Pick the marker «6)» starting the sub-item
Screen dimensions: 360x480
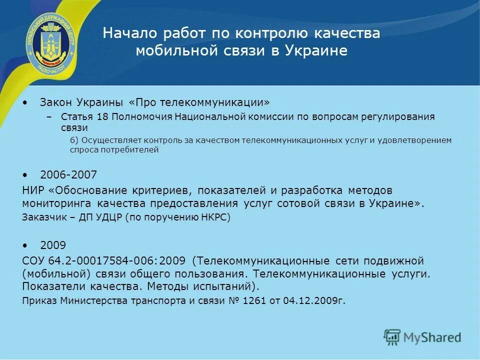click(73, 140)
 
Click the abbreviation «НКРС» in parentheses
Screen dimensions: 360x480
click(214, 217)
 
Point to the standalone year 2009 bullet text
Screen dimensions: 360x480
click(53, 245)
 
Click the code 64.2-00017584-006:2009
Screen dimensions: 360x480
click(117, 261)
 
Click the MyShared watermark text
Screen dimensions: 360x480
click(432, 337)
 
